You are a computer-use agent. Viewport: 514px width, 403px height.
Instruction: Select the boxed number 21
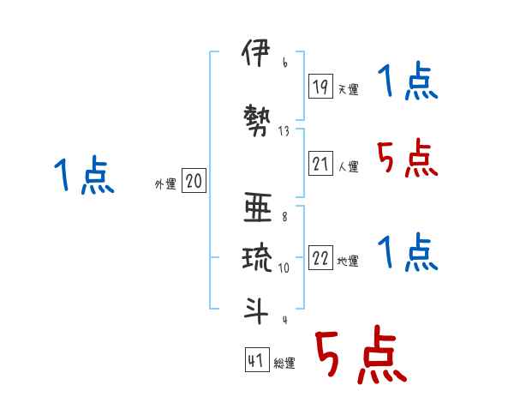tap(321, 164)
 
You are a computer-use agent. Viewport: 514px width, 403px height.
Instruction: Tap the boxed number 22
tap(321, 258)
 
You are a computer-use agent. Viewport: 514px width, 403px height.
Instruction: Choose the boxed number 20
tap(194, 181)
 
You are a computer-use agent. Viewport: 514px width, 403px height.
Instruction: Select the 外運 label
tap(164, 183)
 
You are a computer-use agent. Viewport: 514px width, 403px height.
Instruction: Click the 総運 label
tap(284, 364)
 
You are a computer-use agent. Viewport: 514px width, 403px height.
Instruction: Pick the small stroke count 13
tap(284, 131)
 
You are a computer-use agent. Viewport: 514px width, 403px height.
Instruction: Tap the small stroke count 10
tap(284, 267)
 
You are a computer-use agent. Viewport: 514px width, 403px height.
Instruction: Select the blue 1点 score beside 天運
tap(408, 82)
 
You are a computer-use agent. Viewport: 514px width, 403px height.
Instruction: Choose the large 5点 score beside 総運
tap(360, 357)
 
